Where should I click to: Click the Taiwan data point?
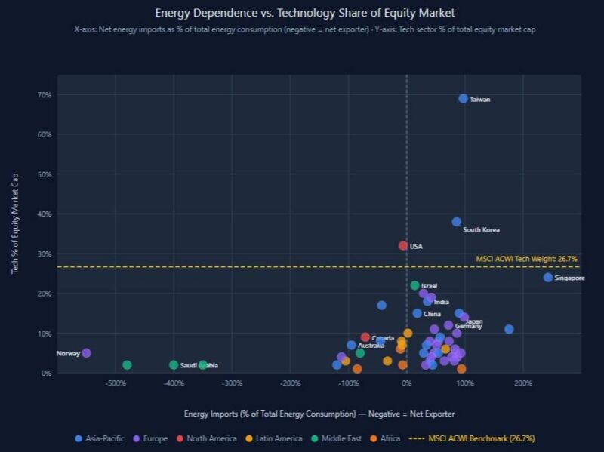tap(463, 99)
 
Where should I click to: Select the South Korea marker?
tap(456, 222)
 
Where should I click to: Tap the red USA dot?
tap(403, 246)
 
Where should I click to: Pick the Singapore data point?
tap(547, 278)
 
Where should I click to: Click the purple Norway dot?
tap(86, 353)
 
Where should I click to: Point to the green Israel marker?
tap(414, 285)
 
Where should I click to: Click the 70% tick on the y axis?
tap(45, 95)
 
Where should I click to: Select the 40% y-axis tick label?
tap(45, 214)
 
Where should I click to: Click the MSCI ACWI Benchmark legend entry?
tap(475, 438)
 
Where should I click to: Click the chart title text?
tap(304, 13)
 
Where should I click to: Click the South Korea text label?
tap(481, 230)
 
